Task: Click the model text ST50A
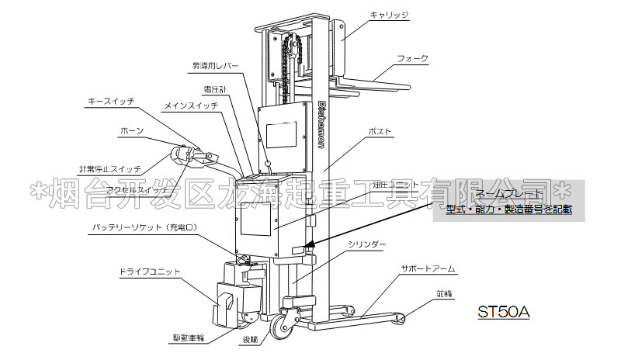click(503, 312)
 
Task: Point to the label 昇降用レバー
click(217, 65)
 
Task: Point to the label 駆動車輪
click(189, 338)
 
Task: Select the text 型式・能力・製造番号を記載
click(508, 209)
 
